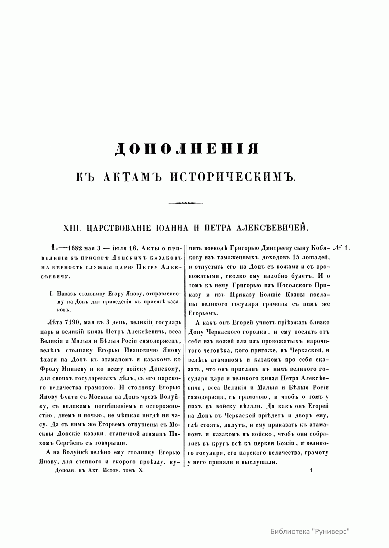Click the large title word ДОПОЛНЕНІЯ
tap(187, 150)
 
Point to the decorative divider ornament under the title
tap(186, 203)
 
